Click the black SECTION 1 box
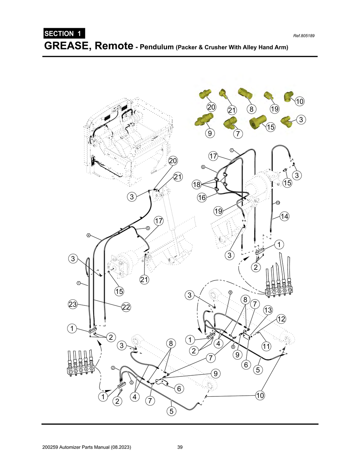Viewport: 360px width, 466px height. (x=64, y=33)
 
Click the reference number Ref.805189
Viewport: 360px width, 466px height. (x=304, y=36)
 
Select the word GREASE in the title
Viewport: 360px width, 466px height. (x=67, y=46)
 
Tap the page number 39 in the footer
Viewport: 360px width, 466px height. (x=180, y=447)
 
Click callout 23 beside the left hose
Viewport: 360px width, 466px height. (x=72, y=304)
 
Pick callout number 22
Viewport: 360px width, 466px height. (x=126, y=307)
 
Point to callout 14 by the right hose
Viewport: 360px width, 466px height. (x=284, y=216)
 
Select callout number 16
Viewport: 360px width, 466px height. (x=202, y=198)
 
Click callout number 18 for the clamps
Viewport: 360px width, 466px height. (x=197, y=184)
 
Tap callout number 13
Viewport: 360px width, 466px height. (x=268, y=310)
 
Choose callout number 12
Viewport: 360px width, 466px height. (x=281, y=319)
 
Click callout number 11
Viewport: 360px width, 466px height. (x=266, y=346)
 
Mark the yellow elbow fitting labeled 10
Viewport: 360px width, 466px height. (x=289, y=96)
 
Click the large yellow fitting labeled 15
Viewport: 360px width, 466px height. (x=257, y=121)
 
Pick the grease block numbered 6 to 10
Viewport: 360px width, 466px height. (x=279, y=291)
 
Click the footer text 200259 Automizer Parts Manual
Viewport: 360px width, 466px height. (x=86, y=447)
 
